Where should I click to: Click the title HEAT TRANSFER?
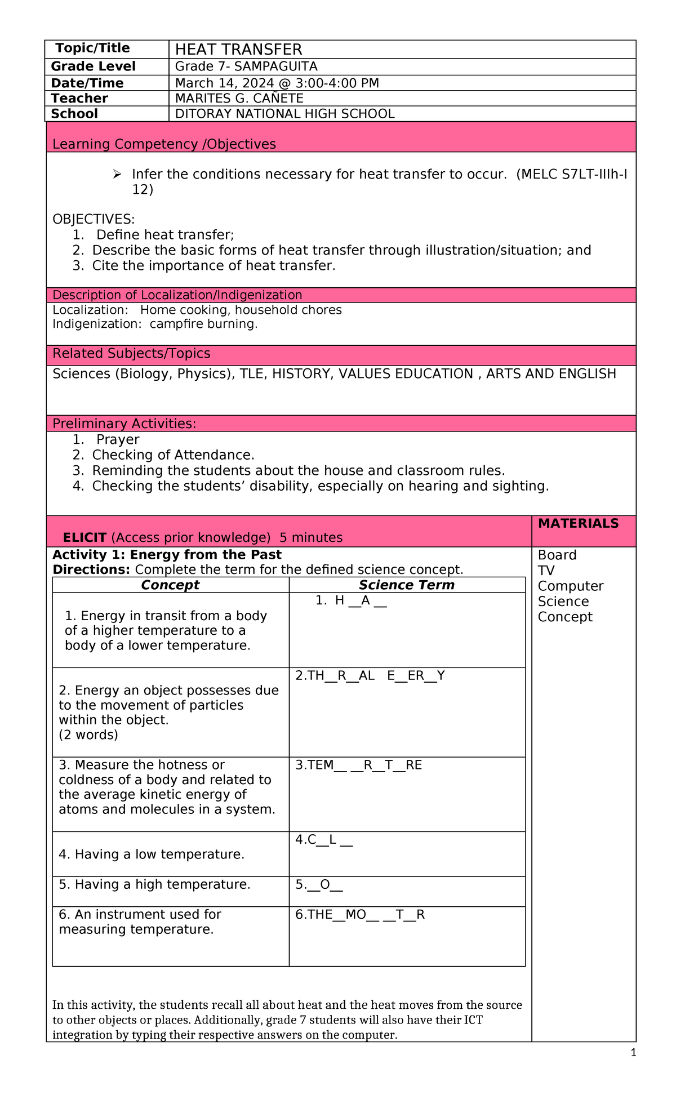pyautogui.click(x=238, y=50)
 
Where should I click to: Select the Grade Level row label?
pyautogui.click(x=93, y=66)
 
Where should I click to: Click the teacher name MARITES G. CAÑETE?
pyautogui.click(x=239, y=99)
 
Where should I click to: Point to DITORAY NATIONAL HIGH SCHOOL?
pyautogui.click(x=284, y=114)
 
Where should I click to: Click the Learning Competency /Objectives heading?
pyautogui.click(x=164, y=144)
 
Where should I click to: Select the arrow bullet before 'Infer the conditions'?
pyautogui.click(x=117, y=175)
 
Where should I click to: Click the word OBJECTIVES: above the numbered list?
pyautogui.click(x=94, y=219)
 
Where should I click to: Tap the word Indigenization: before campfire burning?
pyautogui.click(x=97, y=324)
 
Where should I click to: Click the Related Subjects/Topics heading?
pyautogui.click(x=131, y=354)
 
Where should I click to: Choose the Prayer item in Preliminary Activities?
pyautogui.click(x=117, y=440)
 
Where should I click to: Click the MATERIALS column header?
pyautogui.click(x=578, y=524)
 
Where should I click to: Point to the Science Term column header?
pyautogui.click(x=406, y=585)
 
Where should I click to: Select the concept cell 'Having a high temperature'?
pyautogui.click(x=154, y=885)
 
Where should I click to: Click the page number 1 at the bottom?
pyautogui.click(x=633, y=1053)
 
